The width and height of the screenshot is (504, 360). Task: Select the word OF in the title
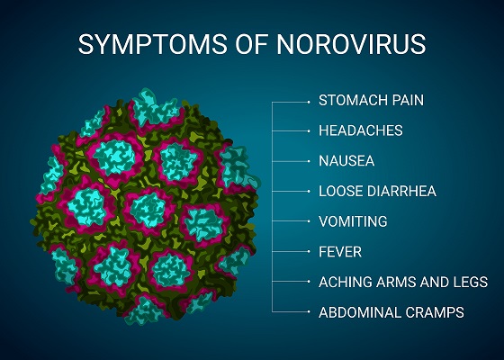pos(241,44)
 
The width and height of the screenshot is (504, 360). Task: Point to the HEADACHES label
pos(360,130)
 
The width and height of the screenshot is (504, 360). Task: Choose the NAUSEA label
pos(346,161)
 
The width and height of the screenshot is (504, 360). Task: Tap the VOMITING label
pos(353,221)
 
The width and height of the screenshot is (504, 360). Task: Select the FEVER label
pos(338,252)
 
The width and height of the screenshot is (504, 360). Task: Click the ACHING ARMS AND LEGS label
pos(403,283)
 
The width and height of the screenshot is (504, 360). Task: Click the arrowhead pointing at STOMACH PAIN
pos(308,101)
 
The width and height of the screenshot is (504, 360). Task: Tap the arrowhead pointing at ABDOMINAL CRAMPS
pos(308,313)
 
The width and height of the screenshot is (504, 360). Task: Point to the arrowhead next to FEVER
pos(308,252)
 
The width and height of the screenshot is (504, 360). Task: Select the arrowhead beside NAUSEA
pos(308,161)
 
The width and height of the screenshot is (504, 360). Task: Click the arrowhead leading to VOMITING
pos(308,221)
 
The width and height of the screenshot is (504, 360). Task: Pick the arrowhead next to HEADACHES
pos(308,130)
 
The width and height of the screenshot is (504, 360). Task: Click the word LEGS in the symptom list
pos(470,283)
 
